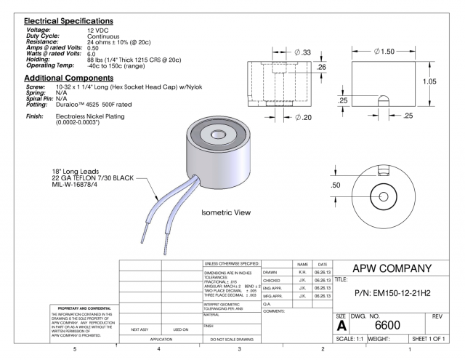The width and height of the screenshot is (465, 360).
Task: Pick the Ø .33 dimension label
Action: [303, 53]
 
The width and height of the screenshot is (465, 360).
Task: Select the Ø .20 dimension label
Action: [302, 118]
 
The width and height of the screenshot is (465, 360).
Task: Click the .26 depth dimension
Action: [323, 68]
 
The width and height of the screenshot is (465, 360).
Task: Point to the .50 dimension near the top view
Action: [336, 185]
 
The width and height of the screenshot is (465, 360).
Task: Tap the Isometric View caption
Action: [226, 213]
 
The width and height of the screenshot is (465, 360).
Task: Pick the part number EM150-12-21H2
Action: [394, 294]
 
